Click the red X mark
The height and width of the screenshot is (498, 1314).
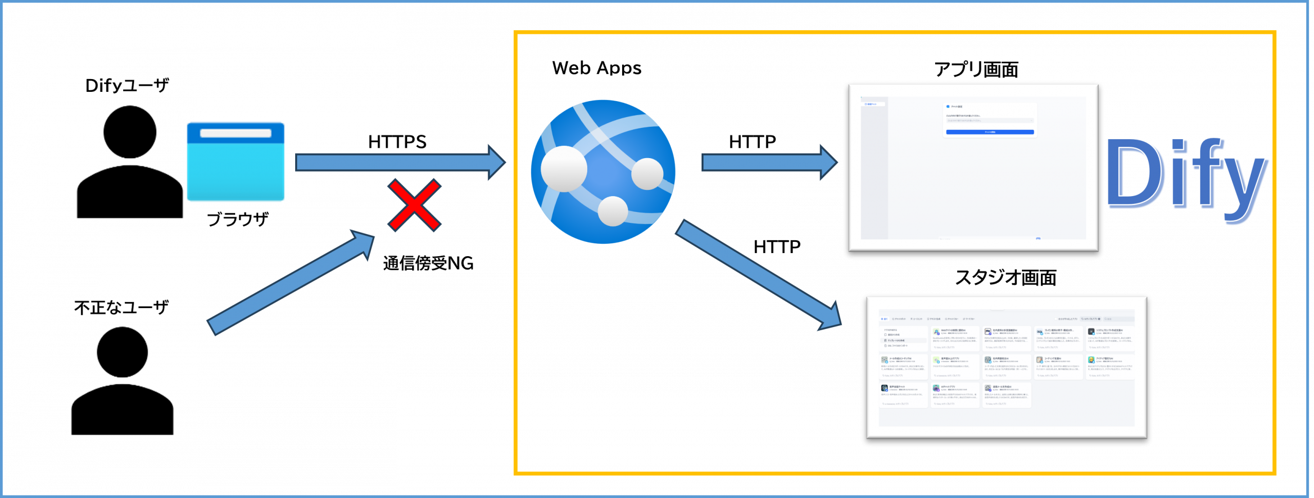point(414,205)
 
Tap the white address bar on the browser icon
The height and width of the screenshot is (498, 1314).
point(236,133)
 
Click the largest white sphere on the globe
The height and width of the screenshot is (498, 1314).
point(564,169)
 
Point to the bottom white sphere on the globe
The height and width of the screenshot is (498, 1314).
point(613,211)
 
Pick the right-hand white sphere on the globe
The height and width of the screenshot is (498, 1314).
point(647,174)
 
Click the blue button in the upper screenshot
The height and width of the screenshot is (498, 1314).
point(990,132)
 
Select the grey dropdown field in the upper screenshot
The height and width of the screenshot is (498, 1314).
point(990,121)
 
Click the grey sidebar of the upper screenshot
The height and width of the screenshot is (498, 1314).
point(873,169)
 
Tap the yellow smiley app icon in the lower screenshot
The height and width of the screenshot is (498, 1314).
point(1091,360)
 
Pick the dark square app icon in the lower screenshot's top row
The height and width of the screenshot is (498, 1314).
point(1091,332)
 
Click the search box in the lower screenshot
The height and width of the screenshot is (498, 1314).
point(1119,319)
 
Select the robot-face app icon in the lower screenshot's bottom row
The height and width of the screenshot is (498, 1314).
point(936,388)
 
